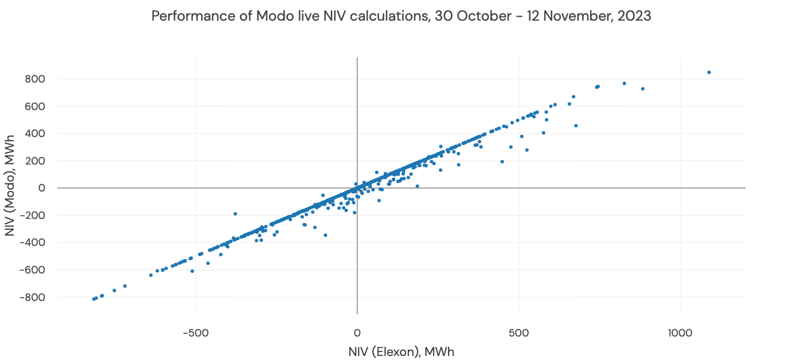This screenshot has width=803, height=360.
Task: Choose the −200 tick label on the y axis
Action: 34,215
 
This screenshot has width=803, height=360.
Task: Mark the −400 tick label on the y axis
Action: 34,242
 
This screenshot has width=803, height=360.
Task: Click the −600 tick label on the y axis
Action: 34,269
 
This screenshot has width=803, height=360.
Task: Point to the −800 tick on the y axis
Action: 34,297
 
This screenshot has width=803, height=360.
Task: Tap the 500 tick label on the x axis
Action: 519,332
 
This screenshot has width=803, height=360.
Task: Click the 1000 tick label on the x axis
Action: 680,332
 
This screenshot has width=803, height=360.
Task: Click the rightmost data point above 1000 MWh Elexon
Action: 709,72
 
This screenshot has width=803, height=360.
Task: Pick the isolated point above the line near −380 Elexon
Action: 235,214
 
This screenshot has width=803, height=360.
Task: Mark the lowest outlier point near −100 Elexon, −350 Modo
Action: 325,235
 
